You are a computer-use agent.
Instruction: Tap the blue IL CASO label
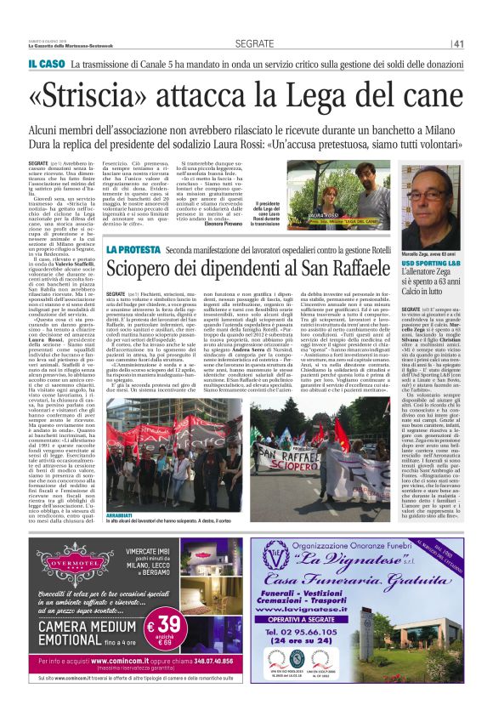(x=45, y=64)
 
